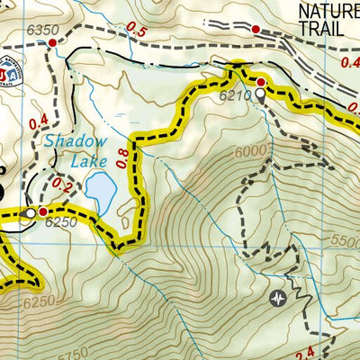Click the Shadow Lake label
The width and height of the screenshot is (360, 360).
click(75, 150)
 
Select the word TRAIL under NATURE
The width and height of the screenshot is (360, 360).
click(321, 28)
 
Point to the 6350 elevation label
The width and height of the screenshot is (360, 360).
click(42, 30)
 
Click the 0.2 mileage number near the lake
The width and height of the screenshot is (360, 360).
click(61, 184)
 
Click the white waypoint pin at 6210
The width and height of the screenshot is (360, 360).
click(260, 93)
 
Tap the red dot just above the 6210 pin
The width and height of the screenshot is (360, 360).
click(261, 82)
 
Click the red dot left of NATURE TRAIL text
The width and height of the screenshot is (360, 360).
click(255, 30)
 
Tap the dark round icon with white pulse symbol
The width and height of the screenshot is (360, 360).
click(279, 296)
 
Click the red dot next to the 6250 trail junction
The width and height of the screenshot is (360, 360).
click(42, 212)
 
